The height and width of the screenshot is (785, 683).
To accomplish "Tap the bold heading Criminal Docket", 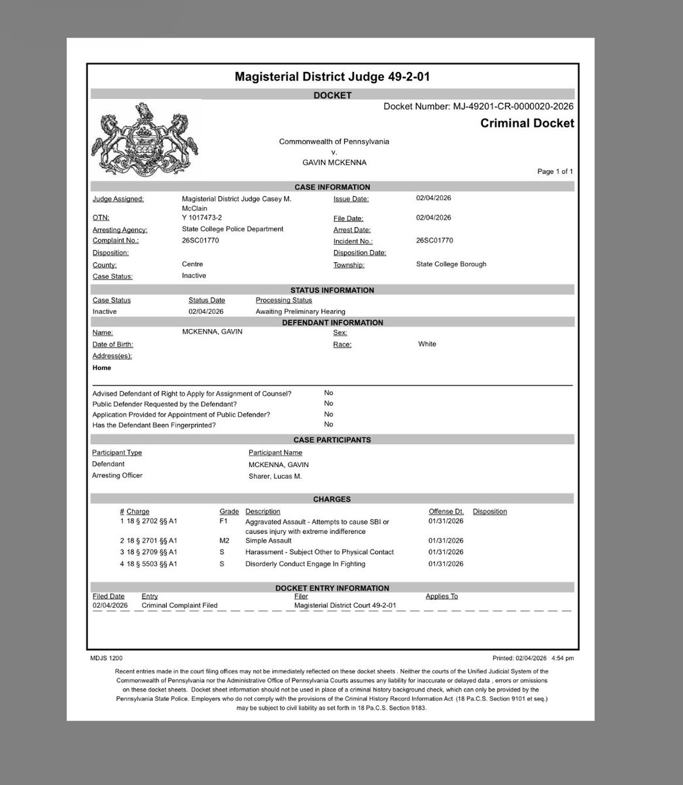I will click(x=527, y=123).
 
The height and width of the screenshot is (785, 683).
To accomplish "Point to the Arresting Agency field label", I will click(x=120, y=230).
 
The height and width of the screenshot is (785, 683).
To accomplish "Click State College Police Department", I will click(x=232, y=229).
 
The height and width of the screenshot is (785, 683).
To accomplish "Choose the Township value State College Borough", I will click(x=451, y=264).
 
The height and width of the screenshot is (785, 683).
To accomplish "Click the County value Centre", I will click(x=192, y=264).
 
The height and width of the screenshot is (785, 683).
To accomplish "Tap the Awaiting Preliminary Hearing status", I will click(x=300, y=311).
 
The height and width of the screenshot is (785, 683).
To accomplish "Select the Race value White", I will click(x=427, y=343).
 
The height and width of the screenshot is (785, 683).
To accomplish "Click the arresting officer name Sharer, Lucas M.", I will click(x=275, y=476).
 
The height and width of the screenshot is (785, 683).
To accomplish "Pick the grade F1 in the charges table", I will click(x=223, y=521).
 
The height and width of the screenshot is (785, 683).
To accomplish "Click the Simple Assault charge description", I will click(x=270, y=541).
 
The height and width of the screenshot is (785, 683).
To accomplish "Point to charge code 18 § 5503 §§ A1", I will click(x=149, y=563).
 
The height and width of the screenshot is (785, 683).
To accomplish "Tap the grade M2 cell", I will click(x=224, y=541).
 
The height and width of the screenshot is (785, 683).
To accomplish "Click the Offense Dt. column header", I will click(x=446, y=512).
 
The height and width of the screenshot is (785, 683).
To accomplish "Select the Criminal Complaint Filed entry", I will click(x=179, y=605).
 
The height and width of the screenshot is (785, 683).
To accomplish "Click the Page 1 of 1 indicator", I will click(x=555, y=171).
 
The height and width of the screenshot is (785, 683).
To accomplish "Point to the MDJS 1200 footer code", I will click(x=106, y=658).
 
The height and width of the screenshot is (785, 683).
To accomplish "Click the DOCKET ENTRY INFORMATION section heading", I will click(x=332, y=588).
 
